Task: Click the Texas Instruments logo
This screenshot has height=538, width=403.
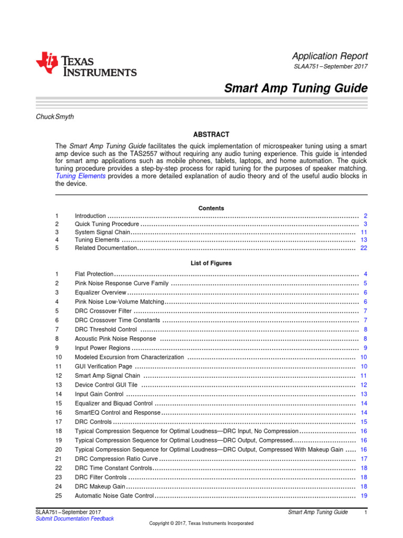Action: tap(86, 65)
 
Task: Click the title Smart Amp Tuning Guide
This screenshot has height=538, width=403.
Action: tap(296, 88)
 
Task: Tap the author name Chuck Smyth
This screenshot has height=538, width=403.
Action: tap(54, 117)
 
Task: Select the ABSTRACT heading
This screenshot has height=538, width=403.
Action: tap(211, 134)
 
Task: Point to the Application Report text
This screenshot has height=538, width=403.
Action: tap(330, 56)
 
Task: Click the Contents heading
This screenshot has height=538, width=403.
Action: tap(211, 208)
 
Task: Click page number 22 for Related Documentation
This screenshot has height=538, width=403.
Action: tap(364, 248)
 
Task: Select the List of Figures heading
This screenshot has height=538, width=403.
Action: tap(211, 263)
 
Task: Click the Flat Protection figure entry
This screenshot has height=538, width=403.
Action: tap(94, 274)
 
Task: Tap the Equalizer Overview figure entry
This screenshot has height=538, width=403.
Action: tap(100, 293)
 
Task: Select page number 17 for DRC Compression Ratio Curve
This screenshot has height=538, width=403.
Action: tap(364, 459)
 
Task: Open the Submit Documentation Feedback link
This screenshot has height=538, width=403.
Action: tap(74, 519)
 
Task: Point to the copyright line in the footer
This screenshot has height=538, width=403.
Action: tap(201, 523)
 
